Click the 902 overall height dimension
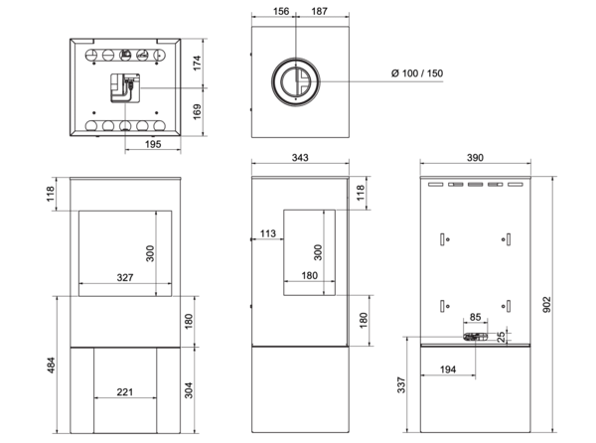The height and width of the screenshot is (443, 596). click(546, 304)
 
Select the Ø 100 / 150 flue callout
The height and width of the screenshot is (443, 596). click(417, 73)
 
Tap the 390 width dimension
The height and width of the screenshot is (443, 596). click(475, 157)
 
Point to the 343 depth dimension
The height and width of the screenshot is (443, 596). click(300, 157)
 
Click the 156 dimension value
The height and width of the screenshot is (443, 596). click(281, 11)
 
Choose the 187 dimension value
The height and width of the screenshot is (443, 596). click(319, 11)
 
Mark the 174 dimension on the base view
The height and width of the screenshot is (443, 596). click(197, 63)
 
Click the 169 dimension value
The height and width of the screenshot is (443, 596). click(197, 111)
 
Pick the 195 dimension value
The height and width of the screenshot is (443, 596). click(153, 144)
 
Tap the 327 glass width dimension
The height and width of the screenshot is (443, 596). click(125, 277)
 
